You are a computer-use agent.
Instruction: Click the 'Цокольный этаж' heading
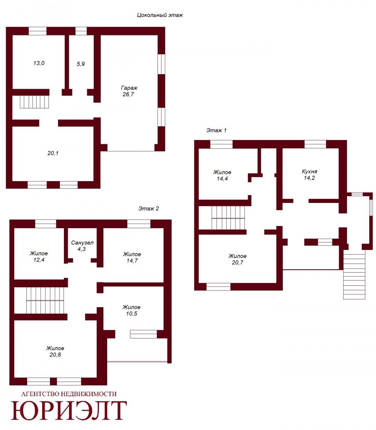pos(160,15)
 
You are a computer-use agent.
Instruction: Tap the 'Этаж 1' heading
pos(216,130)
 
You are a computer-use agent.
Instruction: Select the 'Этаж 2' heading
pos(149,209)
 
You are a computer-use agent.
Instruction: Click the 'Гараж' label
pos(129,88)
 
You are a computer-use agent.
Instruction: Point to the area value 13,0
pos(39,63)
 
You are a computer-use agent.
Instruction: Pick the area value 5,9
pos(80,64)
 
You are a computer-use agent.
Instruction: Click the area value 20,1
pos(53,153)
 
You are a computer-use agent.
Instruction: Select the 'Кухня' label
pos(309,171)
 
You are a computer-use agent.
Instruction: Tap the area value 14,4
pos(222,179)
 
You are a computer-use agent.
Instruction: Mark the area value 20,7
pos(237,262)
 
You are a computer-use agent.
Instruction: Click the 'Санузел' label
pos(82,243)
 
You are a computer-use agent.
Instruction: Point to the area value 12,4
pos(39,260)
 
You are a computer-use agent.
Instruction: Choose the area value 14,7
pos(132,261)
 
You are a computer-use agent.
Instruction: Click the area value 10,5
pos(132,314)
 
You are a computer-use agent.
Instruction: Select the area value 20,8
pos(55,355)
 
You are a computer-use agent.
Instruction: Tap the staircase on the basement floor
pos(34,102)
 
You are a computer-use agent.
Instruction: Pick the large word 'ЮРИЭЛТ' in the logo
pos(69,410)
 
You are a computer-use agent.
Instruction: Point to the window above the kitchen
pos(315,144)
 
